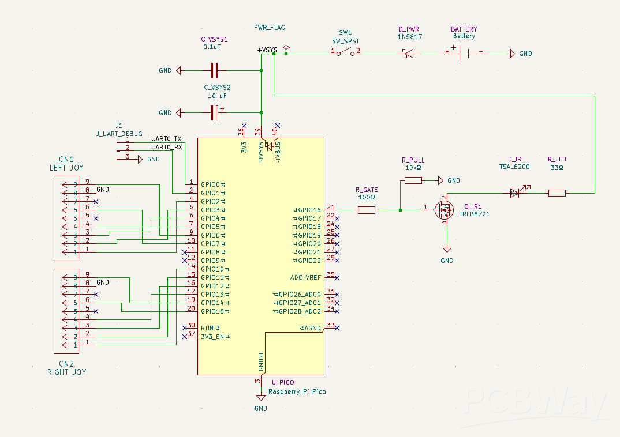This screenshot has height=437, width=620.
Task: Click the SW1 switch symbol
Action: pos(345,52)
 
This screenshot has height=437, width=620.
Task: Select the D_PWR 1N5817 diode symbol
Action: pos(408,54)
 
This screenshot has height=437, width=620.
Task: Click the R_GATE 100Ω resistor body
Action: pos(367,210)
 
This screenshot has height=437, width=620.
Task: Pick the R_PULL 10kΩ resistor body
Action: pos(413,180)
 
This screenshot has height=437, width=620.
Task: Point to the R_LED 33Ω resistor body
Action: pos(556,193)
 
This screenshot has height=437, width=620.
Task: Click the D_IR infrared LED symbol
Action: pos(516,193)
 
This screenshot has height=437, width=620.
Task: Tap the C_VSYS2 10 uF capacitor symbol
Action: pos(215,112)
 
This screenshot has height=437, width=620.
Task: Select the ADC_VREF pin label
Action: pos(305,277)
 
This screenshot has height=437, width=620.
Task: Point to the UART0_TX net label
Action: pos(166,139)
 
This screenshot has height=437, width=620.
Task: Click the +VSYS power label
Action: pos(267,50)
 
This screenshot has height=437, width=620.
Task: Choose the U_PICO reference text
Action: pos(283,382)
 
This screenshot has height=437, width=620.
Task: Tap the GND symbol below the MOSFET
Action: pos(446,250)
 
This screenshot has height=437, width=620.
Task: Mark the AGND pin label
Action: pos(310,328)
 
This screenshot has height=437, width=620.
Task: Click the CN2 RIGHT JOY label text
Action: pos(66,368)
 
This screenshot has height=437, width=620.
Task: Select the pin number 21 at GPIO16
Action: pos(331,207)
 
